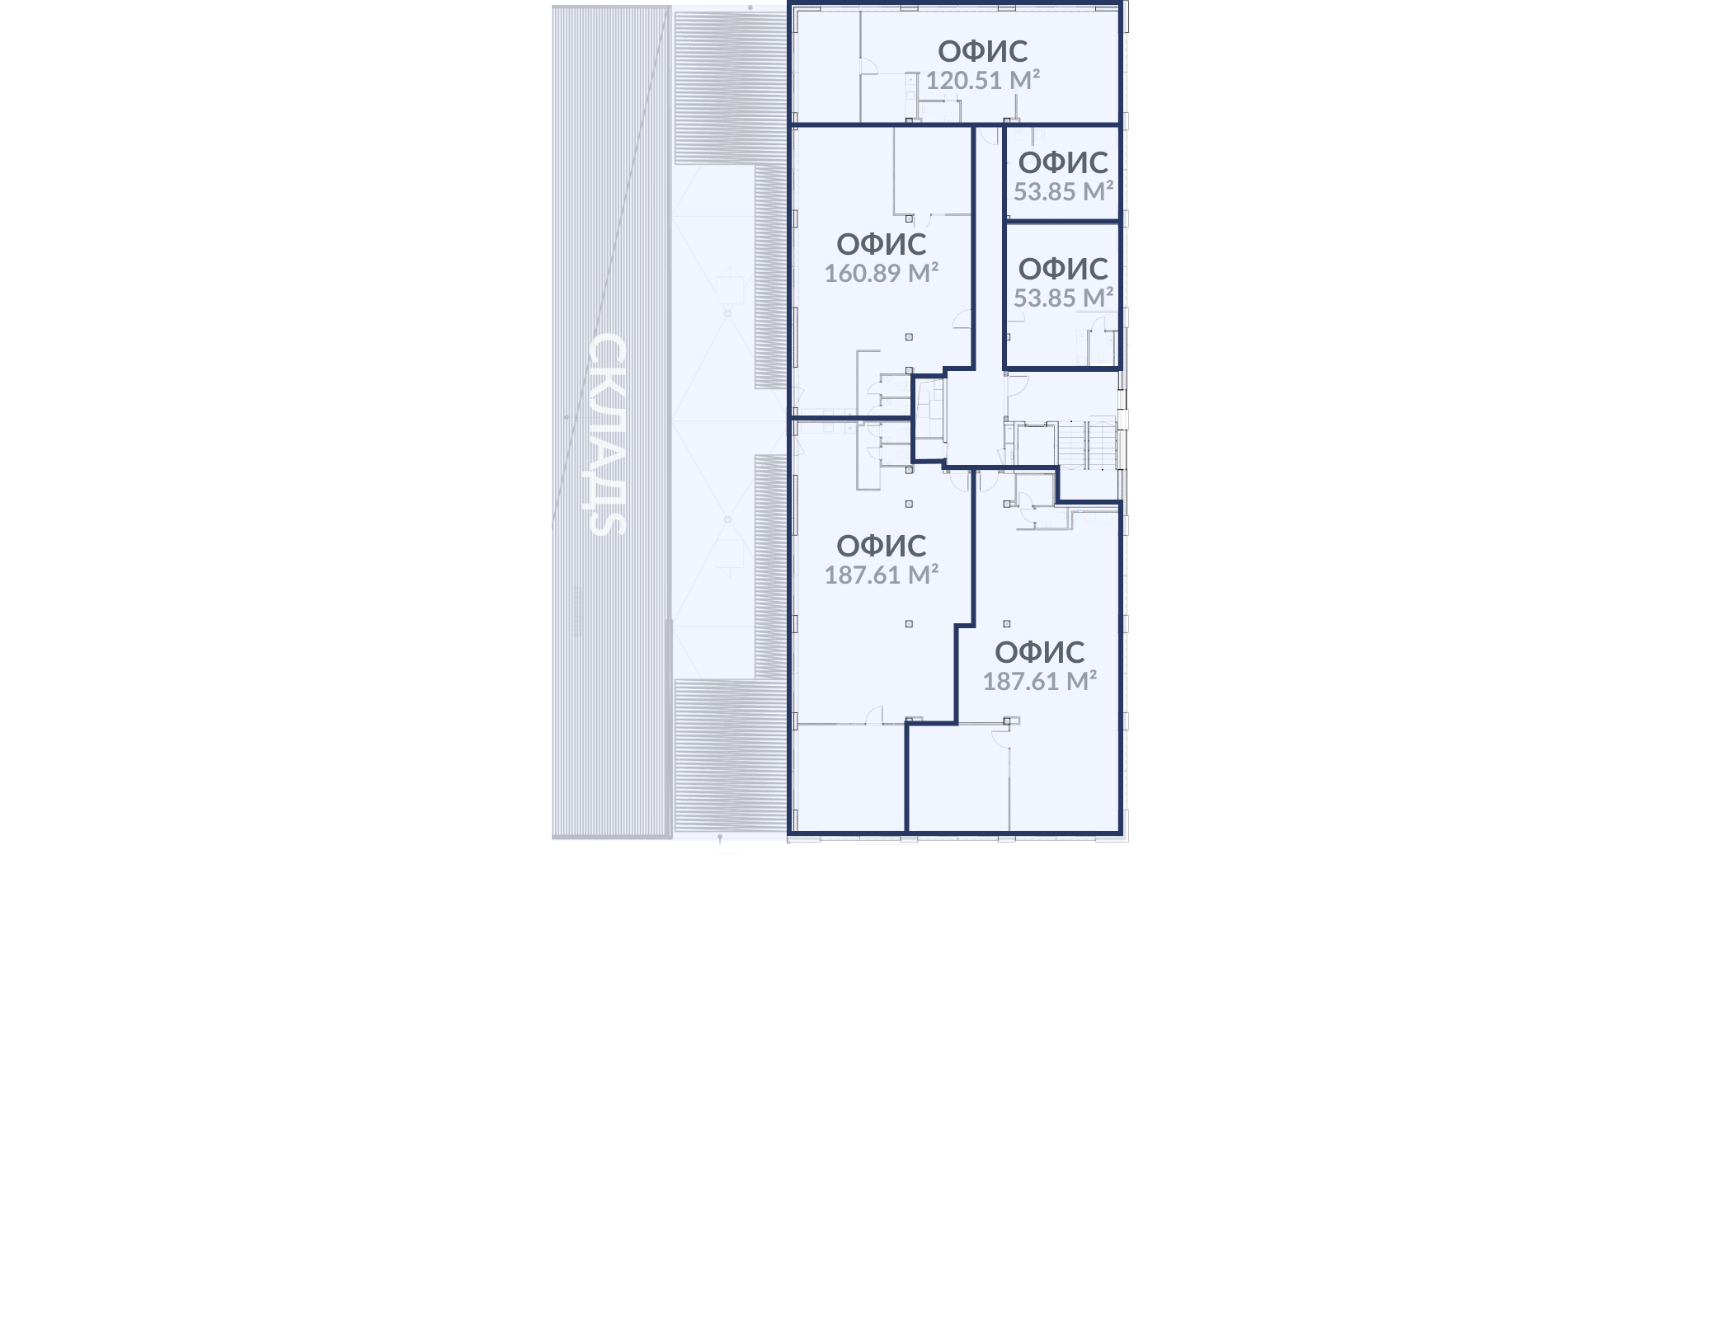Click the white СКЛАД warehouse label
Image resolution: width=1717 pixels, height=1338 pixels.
tap(609, 434)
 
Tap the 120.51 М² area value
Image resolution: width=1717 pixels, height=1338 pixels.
tap(982, 80)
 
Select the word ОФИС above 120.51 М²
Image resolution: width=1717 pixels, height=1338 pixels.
tap(982, 51)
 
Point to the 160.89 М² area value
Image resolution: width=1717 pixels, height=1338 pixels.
tap(882, 273)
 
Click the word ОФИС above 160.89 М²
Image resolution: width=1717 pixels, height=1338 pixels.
tap(882, 244)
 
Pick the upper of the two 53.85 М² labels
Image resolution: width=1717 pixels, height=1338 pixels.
tap(1063, 191)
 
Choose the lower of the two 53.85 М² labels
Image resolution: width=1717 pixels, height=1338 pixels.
tap(1063, 298)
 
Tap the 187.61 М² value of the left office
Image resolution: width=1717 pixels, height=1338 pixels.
tap(882, 575)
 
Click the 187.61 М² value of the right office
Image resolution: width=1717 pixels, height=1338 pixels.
tap(1039, 681)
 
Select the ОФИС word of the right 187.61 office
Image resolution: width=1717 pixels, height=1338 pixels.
tap(1039, 652)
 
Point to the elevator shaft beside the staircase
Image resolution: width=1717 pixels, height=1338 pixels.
tap(1036, 445)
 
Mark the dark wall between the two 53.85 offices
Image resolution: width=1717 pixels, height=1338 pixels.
tap(1062, 221)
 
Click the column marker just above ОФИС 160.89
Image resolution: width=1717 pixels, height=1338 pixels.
tap(909, 218)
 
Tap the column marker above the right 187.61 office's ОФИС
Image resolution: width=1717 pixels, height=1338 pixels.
tap(1006, 624)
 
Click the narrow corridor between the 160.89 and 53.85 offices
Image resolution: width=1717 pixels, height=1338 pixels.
tap(989, 247)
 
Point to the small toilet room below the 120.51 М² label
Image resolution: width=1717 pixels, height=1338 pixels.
tap(939, 111)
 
